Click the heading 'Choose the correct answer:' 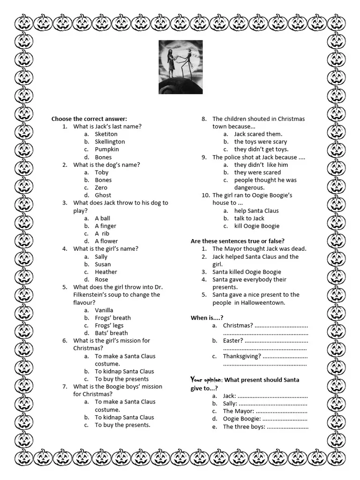(x=89, y=119)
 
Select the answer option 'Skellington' (x=110, y=142)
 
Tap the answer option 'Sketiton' (x=106, y=134)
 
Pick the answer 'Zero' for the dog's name (x=101, y=187)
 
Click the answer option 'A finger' (x=105, y=226)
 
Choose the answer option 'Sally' (x=101, y=256)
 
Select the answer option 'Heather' (x=106, y=272)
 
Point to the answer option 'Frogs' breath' (x=112, y=318)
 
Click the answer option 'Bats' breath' (x=111, y=333)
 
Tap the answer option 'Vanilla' (x=104, y=310)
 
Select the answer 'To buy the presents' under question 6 (x=121, y=379)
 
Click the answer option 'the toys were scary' (x=261, y=142)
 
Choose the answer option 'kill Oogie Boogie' (x=256, y=226)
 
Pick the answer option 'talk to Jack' (x=249, y=218)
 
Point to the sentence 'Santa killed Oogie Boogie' (x=247, y=272)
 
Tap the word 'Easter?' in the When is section (x=233, y=341)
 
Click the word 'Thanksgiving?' (x=242, y=356)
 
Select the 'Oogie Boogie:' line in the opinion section (x=241, y=419)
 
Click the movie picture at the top (x=180, y=67)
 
